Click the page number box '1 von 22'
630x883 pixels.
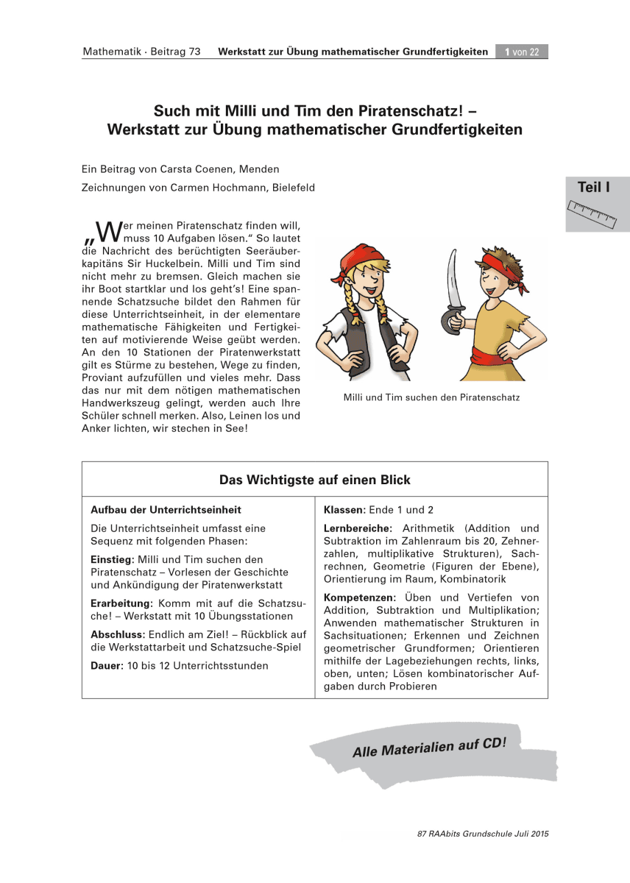[522, 52]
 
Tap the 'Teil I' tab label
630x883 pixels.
[594, 188]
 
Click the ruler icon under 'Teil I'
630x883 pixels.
[593, 211]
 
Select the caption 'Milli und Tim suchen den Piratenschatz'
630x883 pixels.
[431, 397]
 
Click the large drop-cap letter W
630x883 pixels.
[107, 230]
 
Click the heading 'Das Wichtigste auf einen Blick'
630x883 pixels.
[314, 480]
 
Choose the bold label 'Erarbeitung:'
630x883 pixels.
[121, 603]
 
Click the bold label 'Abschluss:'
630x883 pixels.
[118, 634]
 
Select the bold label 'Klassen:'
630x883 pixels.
[345, 509]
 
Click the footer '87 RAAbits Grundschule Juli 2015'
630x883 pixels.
[483, 834]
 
